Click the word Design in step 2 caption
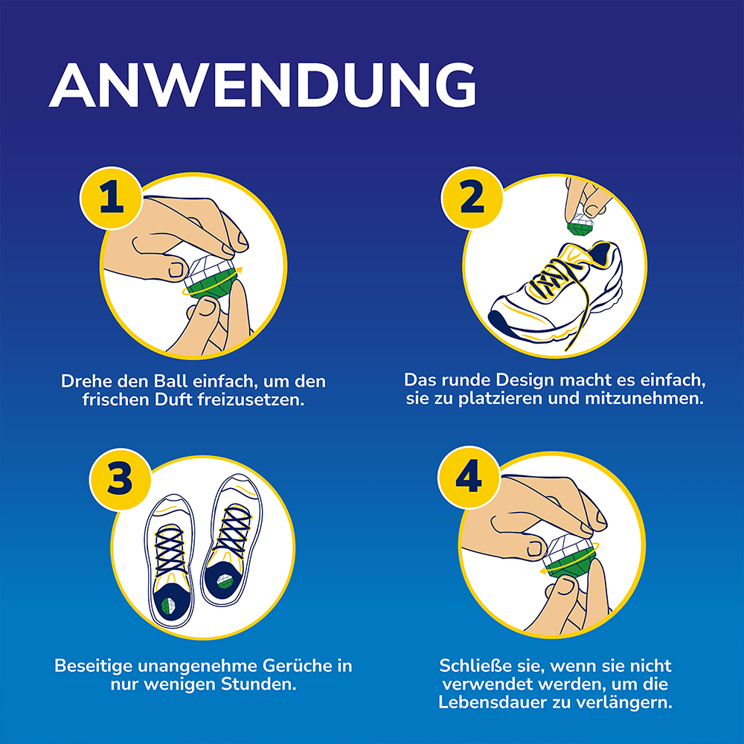pyautogui.click(x=522, y=379)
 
